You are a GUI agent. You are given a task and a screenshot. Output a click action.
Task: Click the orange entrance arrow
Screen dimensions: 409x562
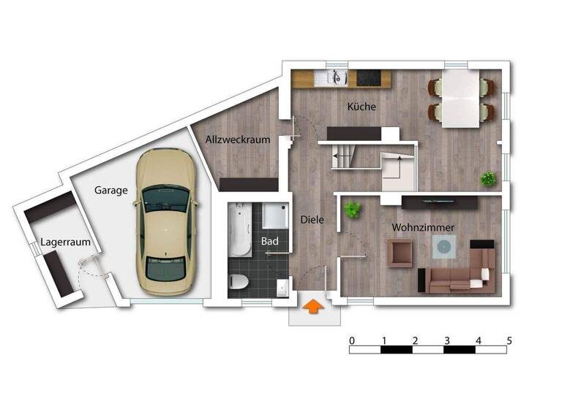pyautogui.click(x=312, y=307)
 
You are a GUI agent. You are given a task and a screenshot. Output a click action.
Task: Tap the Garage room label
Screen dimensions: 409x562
pyautogui.click(x=111, y=190)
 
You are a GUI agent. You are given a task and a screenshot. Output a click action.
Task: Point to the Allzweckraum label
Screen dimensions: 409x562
pyautogui.click(x=238, y=139)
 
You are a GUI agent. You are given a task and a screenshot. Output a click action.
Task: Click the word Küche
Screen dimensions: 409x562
pyautogui.click(x=361, y=107)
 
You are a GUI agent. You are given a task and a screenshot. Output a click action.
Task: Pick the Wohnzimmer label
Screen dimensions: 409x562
pyautogui.click(x=423, y=228)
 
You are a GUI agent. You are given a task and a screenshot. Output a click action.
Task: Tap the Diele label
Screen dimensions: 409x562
pyautogui.click(x=312, y=218)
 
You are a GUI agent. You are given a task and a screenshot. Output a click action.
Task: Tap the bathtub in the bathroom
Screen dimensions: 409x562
pyautogui.click(x=239, y=230)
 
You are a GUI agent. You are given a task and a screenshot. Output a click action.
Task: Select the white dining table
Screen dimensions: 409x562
pyautogui.click(x=461, y=99)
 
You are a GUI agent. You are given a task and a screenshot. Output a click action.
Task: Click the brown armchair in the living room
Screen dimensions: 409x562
pyautogui.click(x=401, y=253)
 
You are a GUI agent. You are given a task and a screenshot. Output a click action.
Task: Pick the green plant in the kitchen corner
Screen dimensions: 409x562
pyautogui.click(x=488, y=178)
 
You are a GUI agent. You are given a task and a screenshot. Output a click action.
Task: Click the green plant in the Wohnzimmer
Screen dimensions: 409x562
pyautogui.click(x=353, y=210)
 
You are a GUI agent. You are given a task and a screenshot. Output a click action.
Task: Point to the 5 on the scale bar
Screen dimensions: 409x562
pyautogui.click(x=509, y=340)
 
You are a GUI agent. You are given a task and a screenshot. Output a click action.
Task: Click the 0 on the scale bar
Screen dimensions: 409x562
pyautogui.click(x=352, y=340)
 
